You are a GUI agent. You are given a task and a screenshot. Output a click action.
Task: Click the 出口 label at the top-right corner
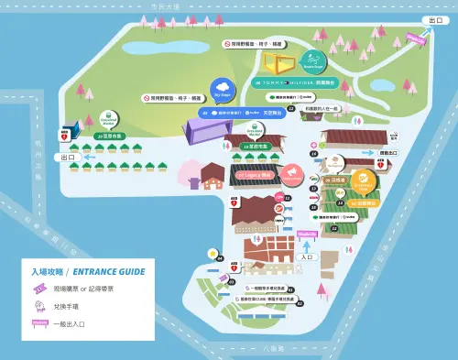(435, 20)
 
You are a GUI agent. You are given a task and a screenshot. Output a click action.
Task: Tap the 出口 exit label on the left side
(68, 158)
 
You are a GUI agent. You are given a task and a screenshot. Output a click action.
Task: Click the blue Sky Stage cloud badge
(222, 89)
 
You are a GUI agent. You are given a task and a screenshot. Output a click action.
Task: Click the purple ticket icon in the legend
(40, 289)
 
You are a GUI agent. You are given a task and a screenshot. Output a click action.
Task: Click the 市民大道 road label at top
(167, 5)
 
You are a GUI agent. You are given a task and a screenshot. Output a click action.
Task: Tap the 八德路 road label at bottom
(274, 348)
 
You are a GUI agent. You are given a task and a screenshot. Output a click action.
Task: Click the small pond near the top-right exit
(382, 85)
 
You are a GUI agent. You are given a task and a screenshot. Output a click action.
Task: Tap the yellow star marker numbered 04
(213, 254)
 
